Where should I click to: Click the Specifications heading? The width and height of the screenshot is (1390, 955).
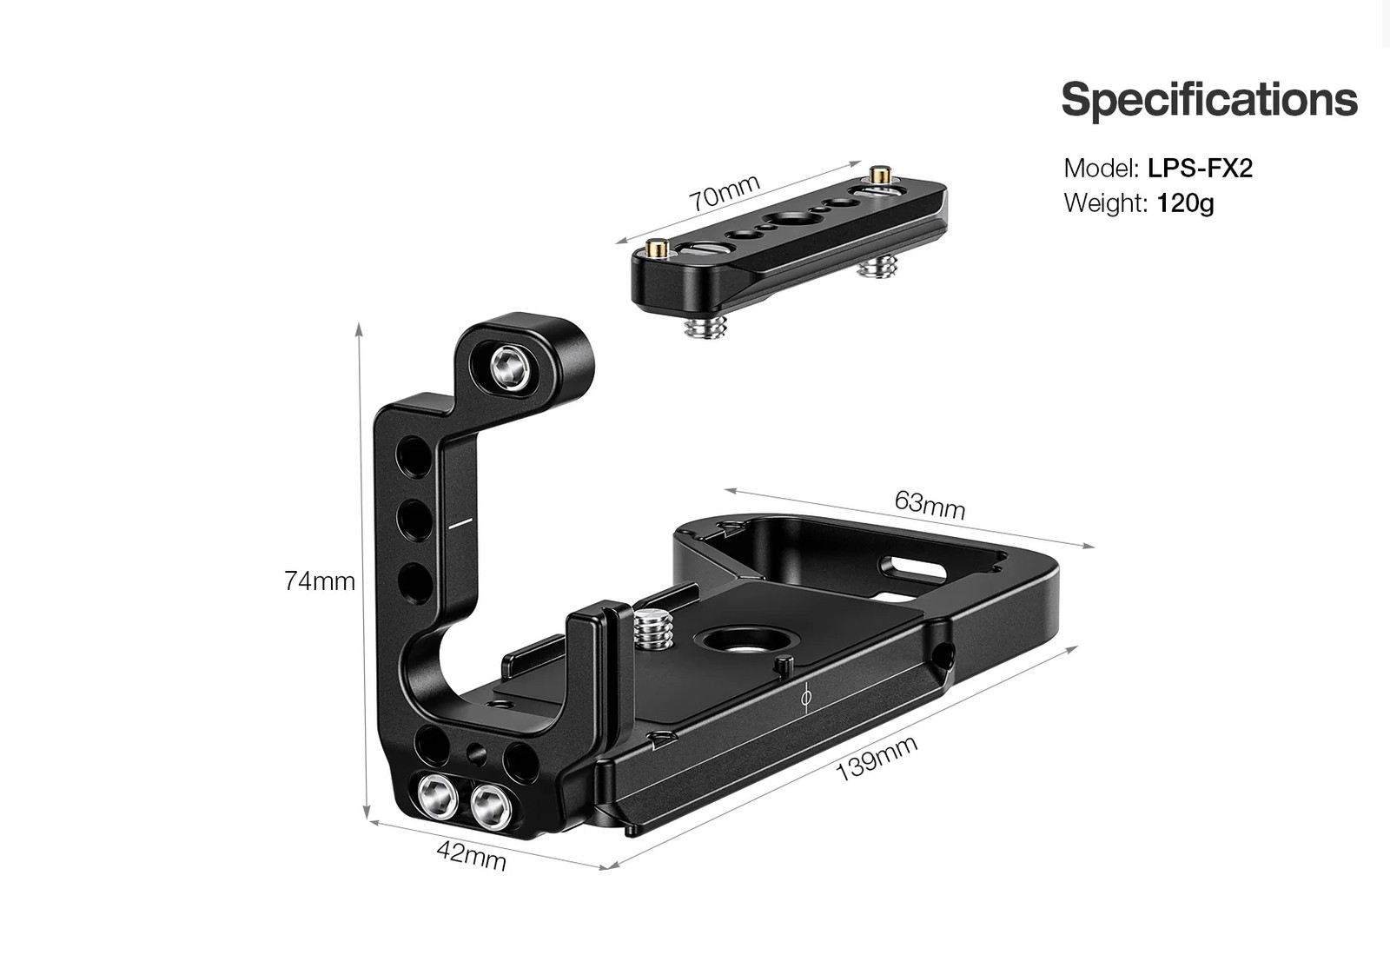1208,99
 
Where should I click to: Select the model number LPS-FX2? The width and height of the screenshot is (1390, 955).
1200,168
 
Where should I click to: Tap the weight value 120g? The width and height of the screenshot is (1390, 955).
1185,203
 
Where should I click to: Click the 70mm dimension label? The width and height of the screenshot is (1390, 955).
725,193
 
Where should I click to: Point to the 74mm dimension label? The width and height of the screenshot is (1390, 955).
320,580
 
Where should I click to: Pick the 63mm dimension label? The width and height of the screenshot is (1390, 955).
930,504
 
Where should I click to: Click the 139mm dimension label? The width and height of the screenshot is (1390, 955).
876,758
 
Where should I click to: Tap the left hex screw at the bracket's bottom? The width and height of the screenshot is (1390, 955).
437,795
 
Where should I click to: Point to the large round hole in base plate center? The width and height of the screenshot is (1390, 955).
745,642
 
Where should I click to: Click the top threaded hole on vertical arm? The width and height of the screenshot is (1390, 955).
411,455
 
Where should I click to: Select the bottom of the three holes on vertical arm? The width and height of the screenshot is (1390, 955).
414,580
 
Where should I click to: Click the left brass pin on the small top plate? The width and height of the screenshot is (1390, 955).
659,250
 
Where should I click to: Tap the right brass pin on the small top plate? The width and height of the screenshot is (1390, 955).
884,174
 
